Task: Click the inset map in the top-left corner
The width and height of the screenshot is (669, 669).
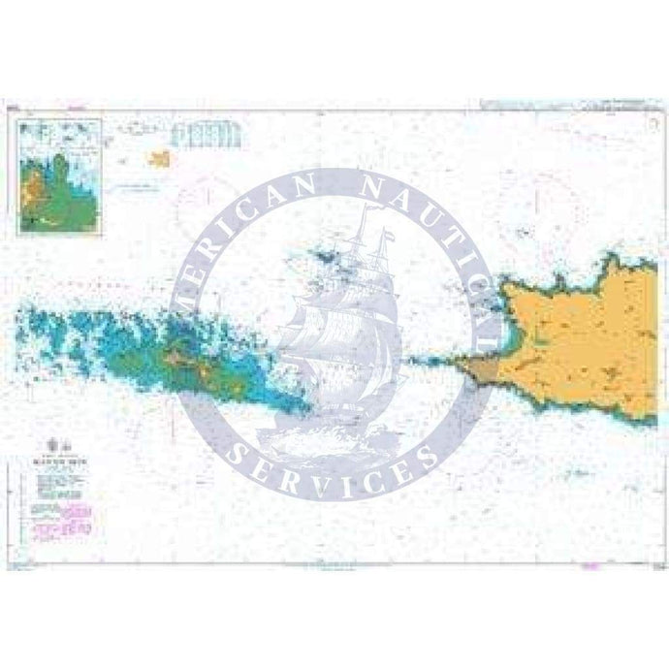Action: [x=61, y=175]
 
